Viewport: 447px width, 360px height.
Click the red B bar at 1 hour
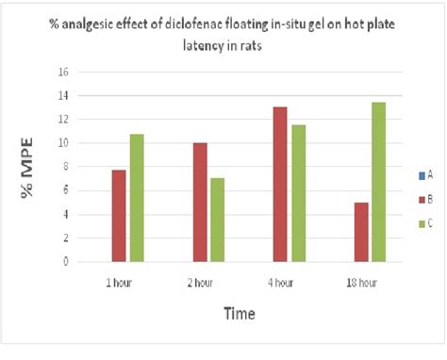[119, 216]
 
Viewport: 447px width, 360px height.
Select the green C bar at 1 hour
[137, 198]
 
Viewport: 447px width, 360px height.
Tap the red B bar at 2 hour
[200, 203]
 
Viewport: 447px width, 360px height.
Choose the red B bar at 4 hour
[280, 185]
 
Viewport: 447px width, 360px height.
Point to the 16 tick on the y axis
[64, 72]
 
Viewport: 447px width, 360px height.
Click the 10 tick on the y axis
[64, 143]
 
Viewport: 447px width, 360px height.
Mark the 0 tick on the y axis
[67, 262]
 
